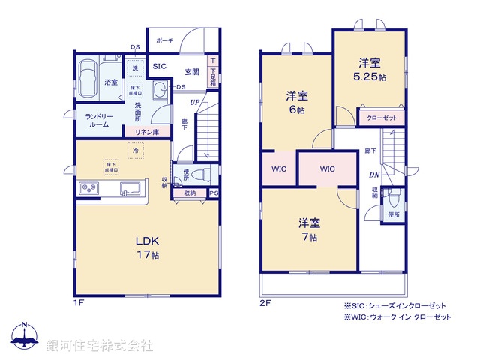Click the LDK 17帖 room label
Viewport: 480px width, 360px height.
[x=147, y=247]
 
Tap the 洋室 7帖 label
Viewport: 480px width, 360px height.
[x=309, y=229]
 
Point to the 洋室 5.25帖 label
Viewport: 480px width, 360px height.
[x=370, y=70]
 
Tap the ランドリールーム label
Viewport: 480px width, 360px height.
[x=97, y=120]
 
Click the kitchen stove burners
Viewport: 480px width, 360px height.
[x=90, y=188]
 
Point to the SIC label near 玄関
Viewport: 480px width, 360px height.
[x=159, y=67]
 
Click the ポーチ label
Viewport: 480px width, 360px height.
[x=166, y=40]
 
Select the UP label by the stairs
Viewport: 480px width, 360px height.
[x=194, y=103]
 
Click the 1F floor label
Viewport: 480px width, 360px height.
[x=79, y=303]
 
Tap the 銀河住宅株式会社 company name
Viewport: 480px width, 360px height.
[x=99, y=346]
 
